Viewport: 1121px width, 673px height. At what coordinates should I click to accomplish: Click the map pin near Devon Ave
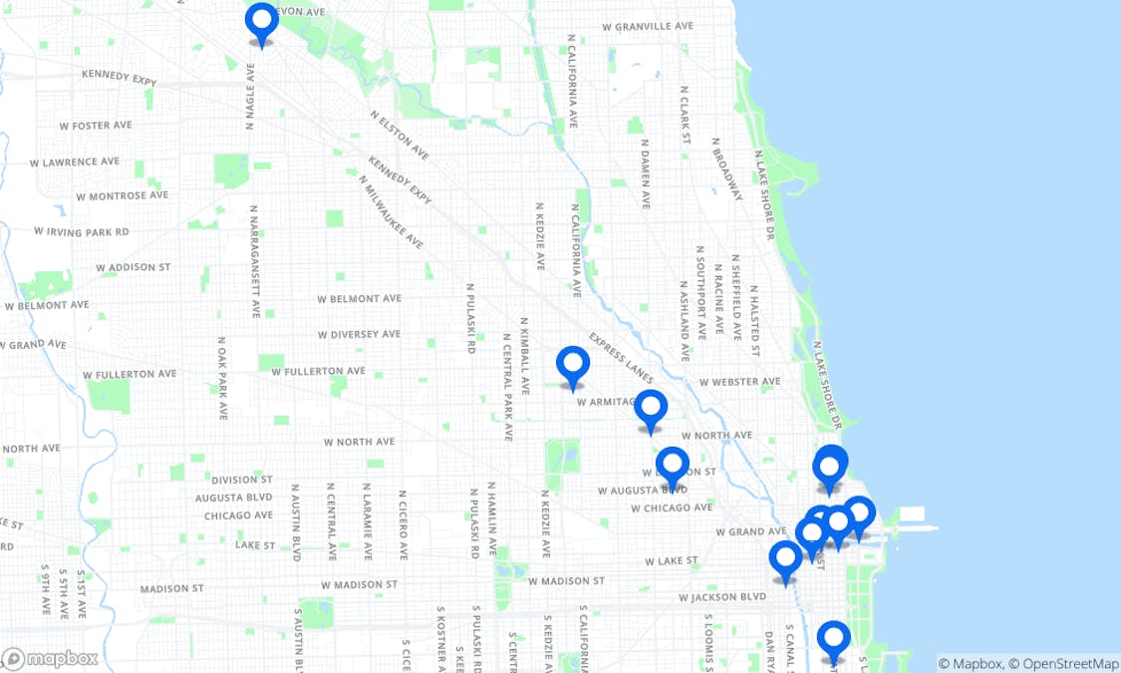(261, 23)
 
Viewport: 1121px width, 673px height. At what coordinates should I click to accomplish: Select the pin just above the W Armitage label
(573, 366)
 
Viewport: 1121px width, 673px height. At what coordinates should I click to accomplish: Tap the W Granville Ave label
(648, 26)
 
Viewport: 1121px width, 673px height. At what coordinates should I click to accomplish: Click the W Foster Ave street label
(96, 126)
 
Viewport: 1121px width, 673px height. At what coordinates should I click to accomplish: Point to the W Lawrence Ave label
(75, 162)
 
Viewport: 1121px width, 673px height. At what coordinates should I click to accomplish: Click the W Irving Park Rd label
(81, 231)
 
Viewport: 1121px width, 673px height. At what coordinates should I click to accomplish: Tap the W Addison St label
(134, 267)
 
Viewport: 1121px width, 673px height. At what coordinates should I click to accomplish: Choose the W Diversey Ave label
(359, 334)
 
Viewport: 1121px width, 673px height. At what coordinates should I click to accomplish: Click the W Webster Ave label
(739, 381)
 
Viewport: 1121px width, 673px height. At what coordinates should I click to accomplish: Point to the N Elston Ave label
(400, 135)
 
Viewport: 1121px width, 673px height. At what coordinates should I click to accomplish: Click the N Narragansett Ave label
(255, 261)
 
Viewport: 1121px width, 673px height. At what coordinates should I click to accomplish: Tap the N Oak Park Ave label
(222, 377)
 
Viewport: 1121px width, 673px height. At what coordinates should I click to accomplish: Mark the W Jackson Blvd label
(722, 597)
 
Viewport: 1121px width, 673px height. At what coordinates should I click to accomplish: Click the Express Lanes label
(621, 358)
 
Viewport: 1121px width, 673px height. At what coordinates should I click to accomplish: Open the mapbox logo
(50, 658)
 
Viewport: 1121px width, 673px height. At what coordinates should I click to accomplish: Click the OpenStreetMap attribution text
(1065, 663)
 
